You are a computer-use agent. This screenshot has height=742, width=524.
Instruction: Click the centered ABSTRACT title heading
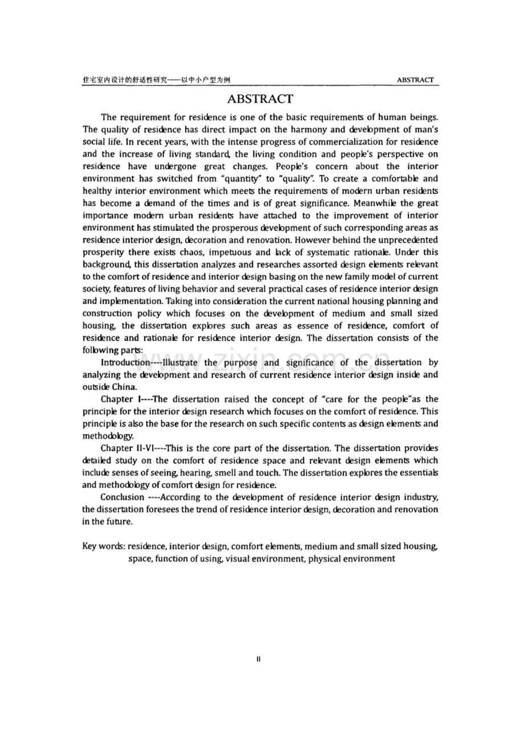[260, 99]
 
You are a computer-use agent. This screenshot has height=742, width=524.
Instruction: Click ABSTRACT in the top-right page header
[415, 80]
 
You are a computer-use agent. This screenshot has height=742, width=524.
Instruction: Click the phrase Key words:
[103, 546]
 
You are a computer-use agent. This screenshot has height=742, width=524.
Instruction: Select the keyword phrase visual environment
[265, 559]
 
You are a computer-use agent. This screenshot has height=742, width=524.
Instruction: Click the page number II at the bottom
[259, 659]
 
